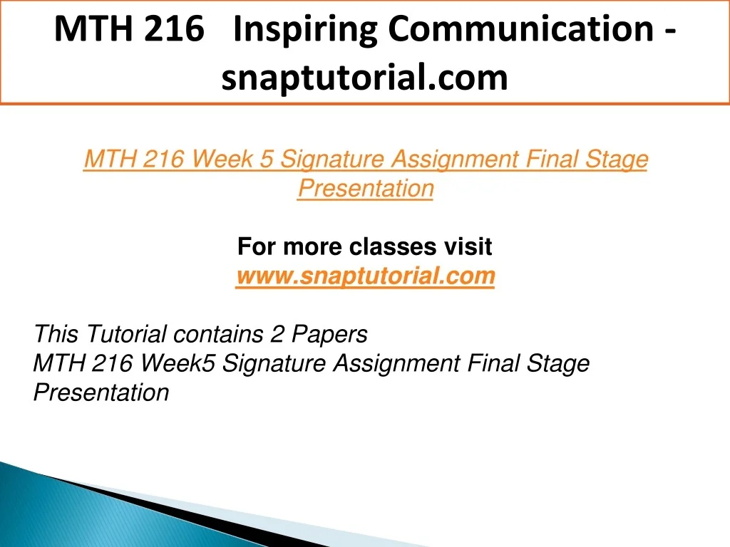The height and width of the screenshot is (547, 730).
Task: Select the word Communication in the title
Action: coord(521,28)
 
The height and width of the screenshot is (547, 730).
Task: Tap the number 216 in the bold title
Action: coord(174,28)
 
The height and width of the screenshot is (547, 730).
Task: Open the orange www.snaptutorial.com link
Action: coord(366,276)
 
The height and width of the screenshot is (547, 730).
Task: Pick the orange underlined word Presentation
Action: coord(366,188)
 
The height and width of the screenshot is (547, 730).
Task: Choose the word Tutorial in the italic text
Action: coord(126,334)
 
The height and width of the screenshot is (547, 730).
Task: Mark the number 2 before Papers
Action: coord(277,334)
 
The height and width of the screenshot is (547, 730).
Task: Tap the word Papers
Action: coord(329,335)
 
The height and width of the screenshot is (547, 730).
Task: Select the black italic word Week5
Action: coord(178,363)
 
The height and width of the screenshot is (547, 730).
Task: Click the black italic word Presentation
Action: coord(101,392)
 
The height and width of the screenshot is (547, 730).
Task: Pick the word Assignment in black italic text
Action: coord(396,363)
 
